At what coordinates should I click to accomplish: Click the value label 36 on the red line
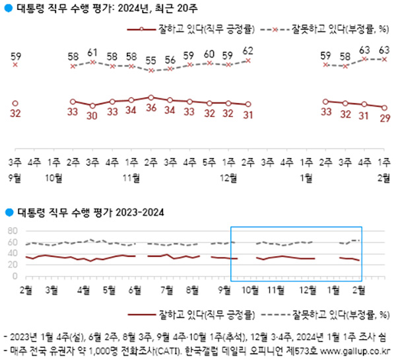coord(150,107)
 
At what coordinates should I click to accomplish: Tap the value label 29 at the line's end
coord(384,119)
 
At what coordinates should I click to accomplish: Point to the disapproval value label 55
coord(150,59)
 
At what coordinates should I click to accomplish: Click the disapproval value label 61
coord(92,52)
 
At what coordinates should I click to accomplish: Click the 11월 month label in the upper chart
coord(131,177)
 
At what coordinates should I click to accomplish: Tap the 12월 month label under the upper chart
coord(228,177)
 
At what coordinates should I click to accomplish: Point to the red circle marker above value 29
coord(384,108)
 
